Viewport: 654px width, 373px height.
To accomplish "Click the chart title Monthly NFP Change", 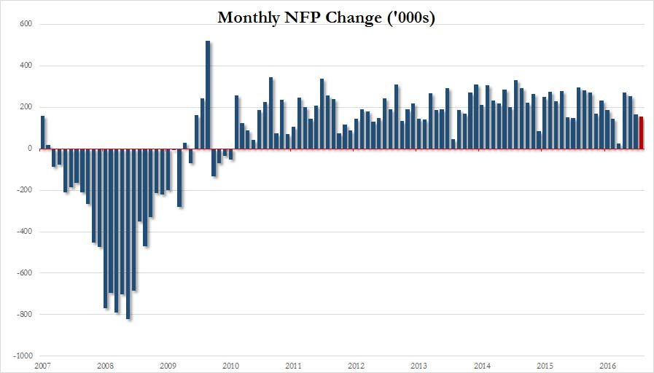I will pyautogui.click(x=327, y=17).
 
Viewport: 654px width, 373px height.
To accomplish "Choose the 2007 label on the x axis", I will pyautogui.click(x=43, y=365).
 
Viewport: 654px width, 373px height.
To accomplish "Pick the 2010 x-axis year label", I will pyautogui.click(x=230, y=365).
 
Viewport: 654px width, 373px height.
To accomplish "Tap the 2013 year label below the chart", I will pyautogui.click(x=419, y=365).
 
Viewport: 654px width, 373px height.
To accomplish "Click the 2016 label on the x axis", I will pyautogui.click(x=607, y=365).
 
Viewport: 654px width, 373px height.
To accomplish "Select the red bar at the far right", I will pyautogui.click(x=642, y=133).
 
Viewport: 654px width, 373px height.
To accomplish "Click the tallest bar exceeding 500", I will pyautogui.click(x=209, y=95).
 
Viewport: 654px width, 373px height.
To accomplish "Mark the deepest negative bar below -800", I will pyautogui.click(x=128, y=233).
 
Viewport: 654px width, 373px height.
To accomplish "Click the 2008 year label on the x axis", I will pyautogui.click(x=106, y=365).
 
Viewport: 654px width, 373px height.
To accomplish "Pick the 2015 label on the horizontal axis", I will pyautogui.click(x=544, y=365).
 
